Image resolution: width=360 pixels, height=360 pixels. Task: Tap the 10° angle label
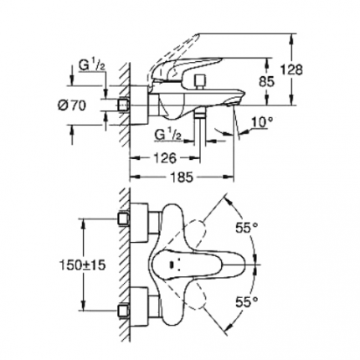click(261, 123)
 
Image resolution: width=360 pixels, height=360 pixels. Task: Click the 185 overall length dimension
click(181, 177)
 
